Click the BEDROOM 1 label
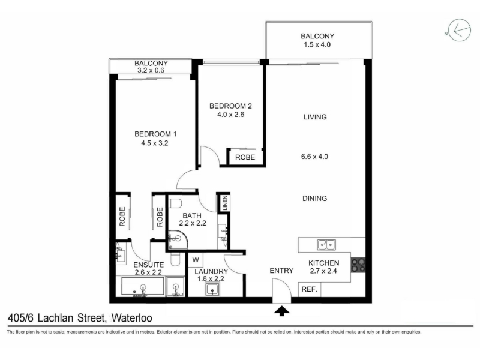tap(155, 134)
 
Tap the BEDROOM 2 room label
tap(230, 106)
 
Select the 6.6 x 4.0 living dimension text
tap(314, 157)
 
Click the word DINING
tap(314, 199)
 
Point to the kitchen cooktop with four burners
tap(358, 265)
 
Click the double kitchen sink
tap(326, 245)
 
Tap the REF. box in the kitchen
tap(310, 289)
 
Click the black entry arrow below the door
tap(282, 311)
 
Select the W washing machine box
tap(196, 260)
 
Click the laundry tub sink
tap(213, 290)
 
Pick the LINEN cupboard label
tap(225, 203)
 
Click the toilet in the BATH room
tap(175, 203)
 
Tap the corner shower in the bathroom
tap(178, 240)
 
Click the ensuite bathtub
tap(143, 287)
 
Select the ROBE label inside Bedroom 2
tap(245, 157)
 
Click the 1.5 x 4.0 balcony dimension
tap(317, 44)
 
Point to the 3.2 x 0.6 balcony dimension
tap(151, 70)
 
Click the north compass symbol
tap(459, 31)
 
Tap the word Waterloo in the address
tap(132, 318)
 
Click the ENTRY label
tap(281, 271)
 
